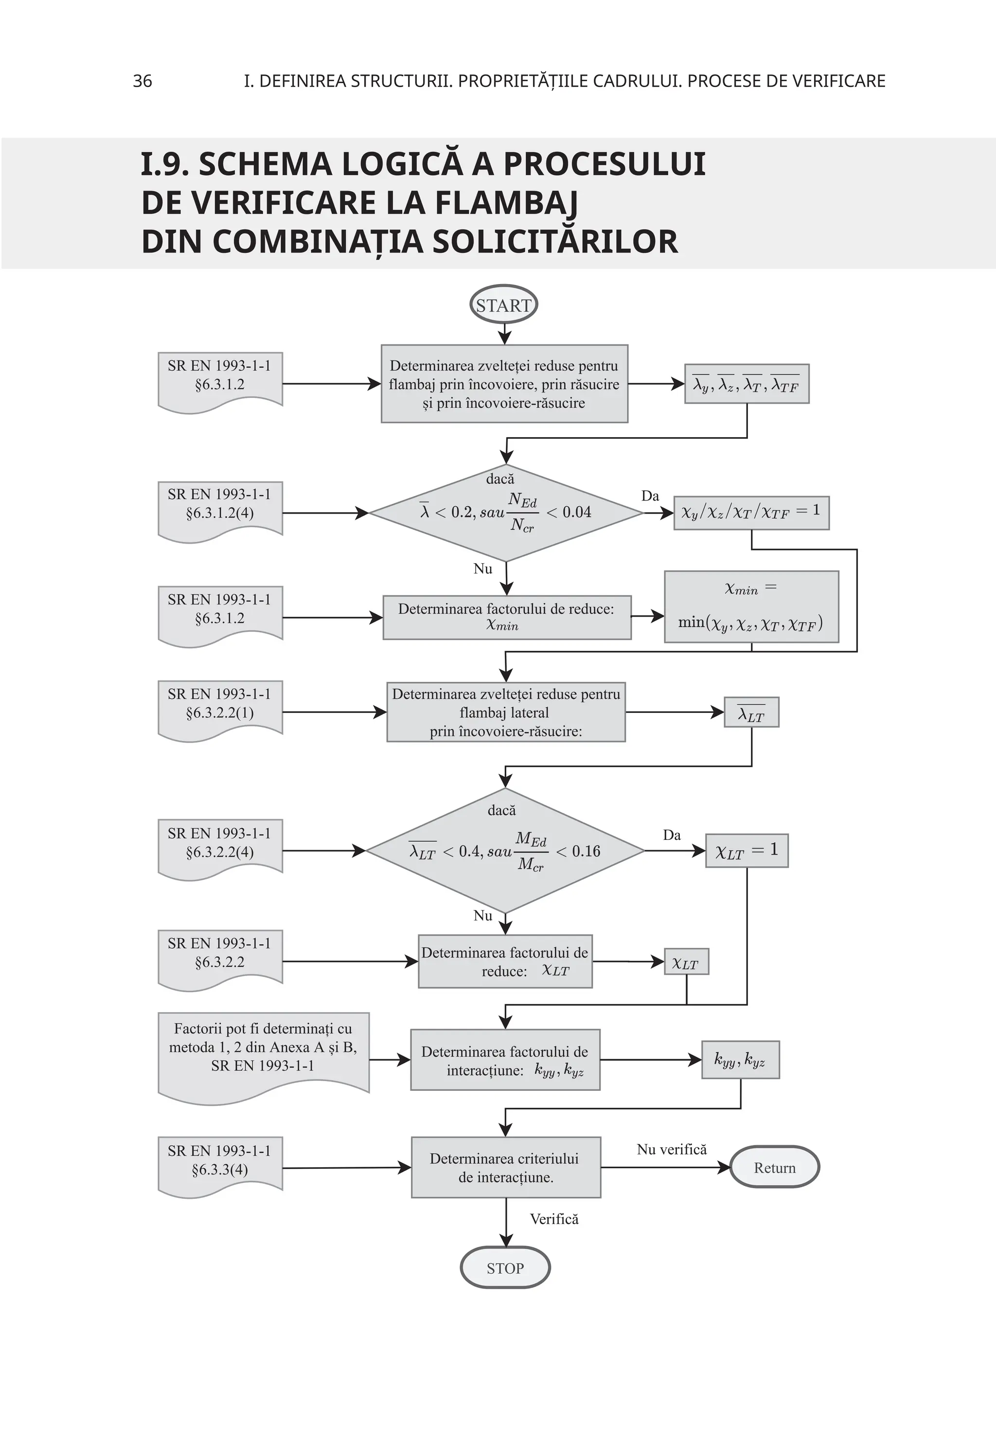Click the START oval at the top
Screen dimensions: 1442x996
503,305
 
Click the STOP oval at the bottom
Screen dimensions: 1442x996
505,1268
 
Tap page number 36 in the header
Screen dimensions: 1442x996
142,81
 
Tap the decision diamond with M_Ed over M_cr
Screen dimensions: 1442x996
504,851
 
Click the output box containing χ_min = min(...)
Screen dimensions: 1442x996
751,606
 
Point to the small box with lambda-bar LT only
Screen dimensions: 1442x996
751,712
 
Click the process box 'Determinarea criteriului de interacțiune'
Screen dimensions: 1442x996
505,1167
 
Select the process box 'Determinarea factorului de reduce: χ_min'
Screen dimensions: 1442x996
507,617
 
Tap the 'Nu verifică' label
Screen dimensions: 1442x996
672,1149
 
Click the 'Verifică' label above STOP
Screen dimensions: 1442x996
554,1219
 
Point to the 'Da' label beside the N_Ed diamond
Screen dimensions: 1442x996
650,496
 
